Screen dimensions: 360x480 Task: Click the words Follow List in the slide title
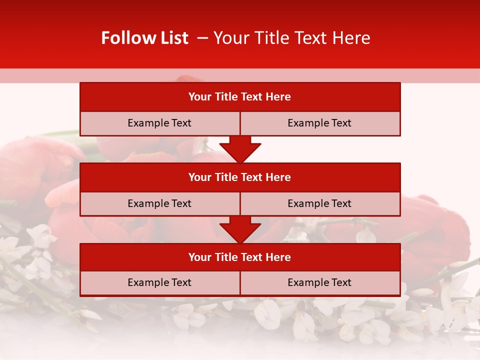click(x=144, y=38)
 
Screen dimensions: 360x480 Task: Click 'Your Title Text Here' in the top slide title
click(x=291, y=38)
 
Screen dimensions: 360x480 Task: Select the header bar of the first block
click(x=240, y=97)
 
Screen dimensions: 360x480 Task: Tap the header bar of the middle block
click(x=240, y=177)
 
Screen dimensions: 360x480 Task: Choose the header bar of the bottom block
click(x=240, y=257)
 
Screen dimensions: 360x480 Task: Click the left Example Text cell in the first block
click(x=159, y=123)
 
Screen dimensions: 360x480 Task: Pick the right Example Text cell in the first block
click(x=319, y=123)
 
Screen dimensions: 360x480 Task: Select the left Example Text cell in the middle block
click(x=159, y=203)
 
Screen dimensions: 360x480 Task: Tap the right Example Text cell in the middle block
click(x=319, y=203)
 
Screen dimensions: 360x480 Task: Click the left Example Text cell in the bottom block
click(x=159, y=282)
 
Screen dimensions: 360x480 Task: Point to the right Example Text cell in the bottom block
click(x=319, y=282)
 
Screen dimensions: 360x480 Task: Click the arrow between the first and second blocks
click(x=240, y=149)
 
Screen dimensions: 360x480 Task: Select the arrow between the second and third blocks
click(x=240, y=229)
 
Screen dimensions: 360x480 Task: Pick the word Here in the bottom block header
click(x=278, y=257)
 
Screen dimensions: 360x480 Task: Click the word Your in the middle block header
click(x=199, y=177)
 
